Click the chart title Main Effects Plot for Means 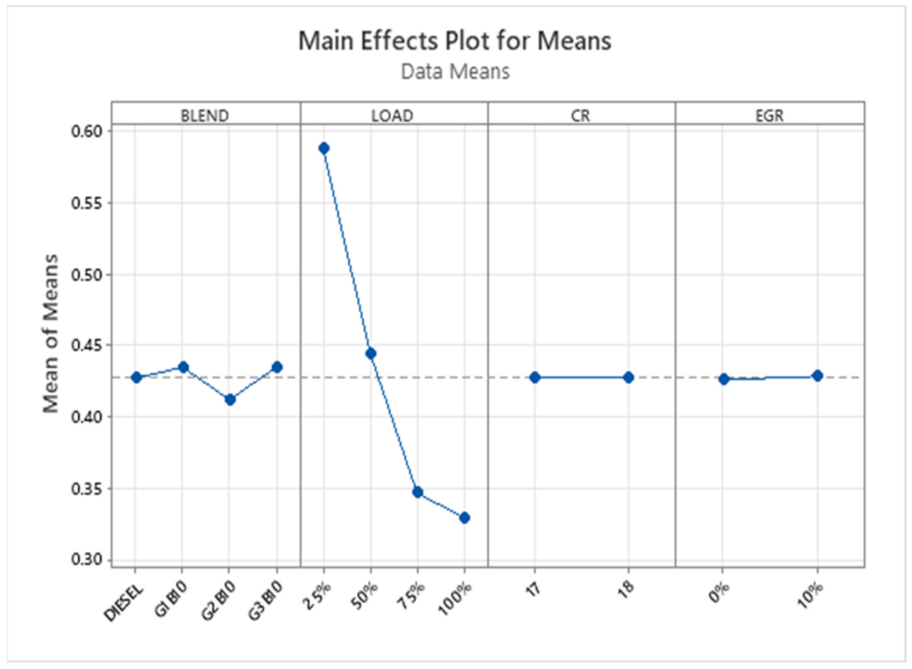coord(455,41)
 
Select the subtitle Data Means coord(455,72)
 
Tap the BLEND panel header coord(205,116)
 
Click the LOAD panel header coord(392,116)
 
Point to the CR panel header coord(580,116)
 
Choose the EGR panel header coord(769,116)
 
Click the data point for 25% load coord(324,148)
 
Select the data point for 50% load coord(370,353)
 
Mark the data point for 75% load coord(418,492)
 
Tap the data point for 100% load coord(464,518)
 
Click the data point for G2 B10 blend coord(230,400)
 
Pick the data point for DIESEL coord(136,377)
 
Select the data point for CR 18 coord(628,377)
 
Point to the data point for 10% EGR coord(817,375)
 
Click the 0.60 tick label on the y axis coord(86,132)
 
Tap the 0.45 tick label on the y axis coord(86,346)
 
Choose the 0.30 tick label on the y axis coord(86,560)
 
